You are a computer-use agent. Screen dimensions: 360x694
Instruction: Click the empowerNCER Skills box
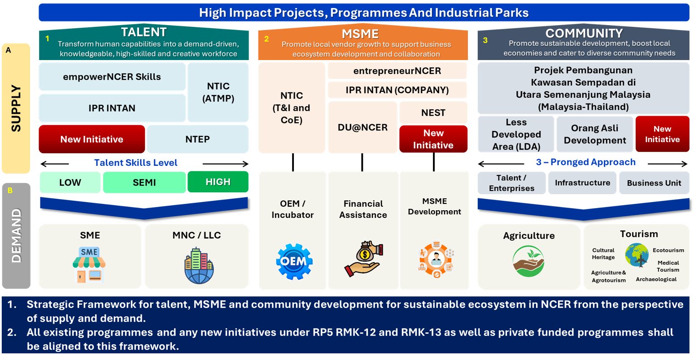[x=112, y=77]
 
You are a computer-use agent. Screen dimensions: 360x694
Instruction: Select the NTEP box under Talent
[x=197, y=139]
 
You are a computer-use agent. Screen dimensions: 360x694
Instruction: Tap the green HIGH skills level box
[x=218, y=182]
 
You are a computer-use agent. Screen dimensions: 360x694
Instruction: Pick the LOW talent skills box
[x=70, y=182]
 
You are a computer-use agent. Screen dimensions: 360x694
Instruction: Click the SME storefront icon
[x=89, y=265]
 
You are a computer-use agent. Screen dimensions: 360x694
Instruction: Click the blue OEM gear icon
[x=293, y=261]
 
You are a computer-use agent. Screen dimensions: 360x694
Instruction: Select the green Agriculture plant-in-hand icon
[x=528, y=261]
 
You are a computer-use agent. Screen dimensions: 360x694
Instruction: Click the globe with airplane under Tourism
[x=637, y=256]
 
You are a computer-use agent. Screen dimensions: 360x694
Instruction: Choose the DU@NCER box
[x=362, y=127]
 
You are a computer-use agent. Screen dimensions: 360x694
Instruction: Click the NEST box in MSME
[x=433, y=113]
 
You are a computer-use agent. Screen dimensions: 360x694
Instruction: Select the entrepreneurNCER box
[x=397, y=71]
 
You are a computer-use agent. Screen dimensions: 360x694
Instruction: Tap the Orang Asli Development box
[x=594, y=134]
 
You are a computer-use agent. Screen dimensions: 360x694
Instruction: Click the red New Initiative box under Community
[x=662, y=134]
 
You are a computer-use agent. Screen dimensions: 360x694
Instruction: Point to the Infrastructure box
[x=582, y=183]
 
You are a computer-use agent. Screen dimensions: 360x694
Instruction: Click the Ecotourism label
[x=668, y=250]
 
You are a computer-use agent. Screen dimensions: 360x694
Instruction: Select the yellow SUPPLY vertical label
[x=16, y=108]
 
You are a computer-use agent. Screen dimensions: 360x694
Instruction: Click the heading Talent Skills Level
[x=135, y=163]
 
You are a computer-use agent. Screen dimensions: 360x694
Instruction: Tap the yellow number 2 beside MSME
[x=266, y=39]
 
